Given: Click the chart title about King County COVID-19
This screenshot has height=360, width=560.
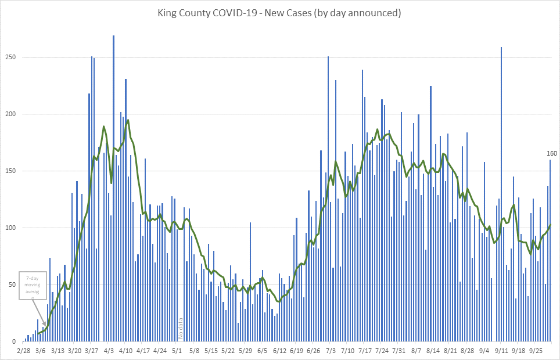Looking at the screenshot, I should coord(279,12).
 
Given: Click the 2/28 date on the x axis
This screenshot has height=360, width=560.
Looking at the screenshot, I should coord(24,351).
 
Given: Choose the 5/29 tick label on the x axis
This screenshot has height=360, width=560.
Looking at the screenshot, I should coord(245,351).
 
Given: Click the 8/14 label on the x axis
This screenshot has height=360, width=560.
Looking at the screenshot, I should coord(433,351).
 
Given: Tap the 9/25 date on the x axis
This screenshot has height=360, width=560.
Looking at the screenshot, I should coord(534,351).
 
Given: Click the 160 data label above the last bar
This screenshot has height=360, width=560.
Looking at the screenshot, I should coord(552,153).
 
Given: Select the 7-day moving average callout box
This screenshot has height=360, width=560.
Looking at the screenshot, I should coord(32,285).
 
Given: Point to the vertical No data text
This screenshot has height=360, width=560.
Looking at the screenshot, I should coord(181,328).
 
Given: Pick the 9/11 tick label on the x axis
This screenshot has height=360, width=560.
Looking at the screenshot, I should coord(501,351).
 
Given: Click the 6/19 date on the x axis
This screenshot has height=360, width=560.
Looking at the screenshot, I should coord(296,351).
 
